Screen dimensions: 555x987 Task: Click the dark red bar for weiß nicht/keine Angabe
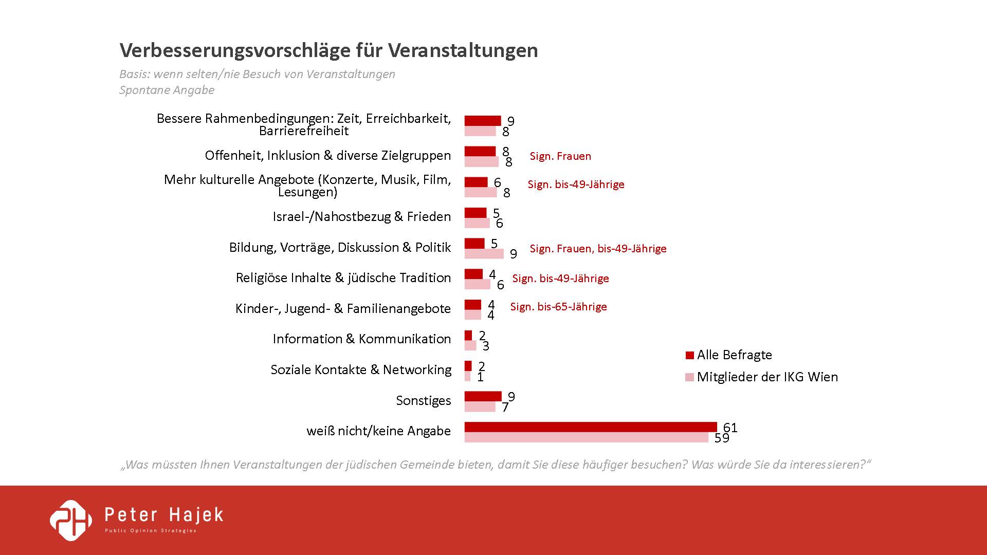(x=590, y=427)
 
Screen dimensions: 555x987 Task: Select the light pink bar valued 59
(x=586, y=437)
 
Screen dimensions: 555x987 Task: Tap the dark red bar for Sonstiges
(x=483, y=396)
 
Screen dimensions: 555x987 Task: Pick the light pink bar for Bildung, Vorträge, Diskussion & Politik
(x=484, y=253)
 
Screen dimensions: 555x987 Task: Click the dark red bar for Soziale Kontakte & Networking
(x=468, y=366)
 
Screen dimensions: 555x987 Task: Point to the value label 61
(x=730, y=428)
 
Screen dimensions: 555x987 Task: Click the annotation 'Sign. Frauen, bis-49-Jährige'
(x=598, y=249)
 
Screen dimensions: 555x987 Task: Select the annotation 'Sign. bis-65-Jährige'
(x=558, y=307)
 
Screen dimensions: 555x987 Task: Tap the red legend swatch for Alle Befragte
(x=690, y=355)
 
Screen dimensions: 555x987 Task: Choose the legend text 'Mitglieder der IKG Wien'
(x=767, y=377)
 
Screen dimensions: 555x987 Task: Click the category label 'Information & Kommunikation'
(x=361, y=339)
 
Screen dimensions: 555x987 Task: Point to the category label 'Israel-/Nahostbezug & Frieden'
(x=361, y=217)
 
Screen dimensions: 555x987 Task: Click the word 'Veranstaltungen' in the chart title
(x=463, y=50)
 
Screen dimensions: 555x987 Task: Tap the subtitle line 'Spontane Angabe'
(x=167, y=90)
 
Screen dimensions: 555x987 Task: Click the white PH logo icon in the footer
(x=71, y=520)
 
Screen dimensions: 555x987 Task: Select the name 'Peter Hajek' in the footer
(x=164, y=514)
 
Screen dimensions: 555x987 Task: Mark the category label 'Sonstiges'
(x=423, y=401)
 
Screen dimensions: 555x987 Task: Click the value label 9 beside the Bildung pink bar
(x=513, y=254)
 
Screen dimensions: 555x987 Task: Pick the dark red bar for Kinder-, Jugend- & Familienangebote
(x=472, y=305)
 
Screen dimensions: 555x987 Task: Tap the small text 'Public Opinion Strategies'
(x=151, y=531)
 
